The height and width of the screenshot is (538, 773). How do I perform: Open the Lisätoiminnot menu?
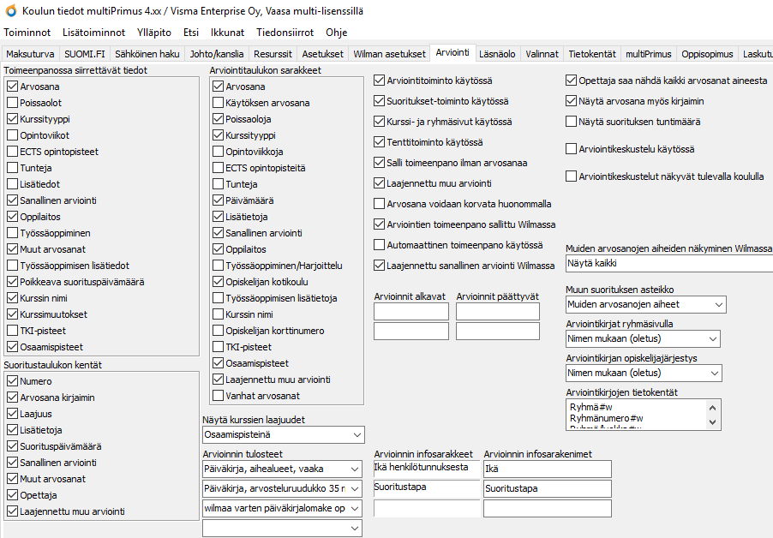pos(93,33)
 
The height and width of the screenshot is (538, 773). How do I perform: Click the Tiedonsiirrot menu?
pos(285,33)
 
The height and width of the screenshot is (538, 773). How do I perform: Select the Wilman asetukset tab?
pos(389,53)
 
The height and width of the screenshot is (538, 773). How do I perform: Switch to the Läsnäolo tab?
pos(497,53)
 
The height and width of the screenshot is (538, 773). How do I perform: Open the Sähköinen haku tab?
pos(147,53)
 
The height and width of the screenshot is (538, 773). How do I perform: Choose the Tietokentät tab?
pos(592,53)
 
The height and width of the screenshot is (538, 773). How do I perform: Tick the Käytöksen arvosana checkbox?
pos(218,103)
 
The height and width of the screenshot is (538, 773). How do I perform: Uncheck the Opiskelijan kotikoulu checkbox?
pos(218,282)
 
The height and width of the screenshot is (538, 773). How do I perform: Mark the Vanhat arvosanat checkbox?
pos(218,396)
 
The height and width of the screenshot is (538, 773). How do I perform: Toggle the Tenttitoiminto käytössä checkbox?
pos(380,142)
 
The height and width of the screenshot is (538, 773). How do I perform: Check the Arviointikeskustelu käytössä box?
pos(572,149)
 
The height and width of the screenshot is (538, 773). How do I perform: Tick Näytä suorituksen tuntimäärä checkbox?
pos(572,122)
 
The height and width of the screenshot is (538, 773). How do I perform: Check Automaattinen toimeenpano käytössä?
pos(380,245)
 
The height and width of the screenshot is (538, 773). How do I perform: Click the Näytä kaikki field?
pos(668,264)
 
